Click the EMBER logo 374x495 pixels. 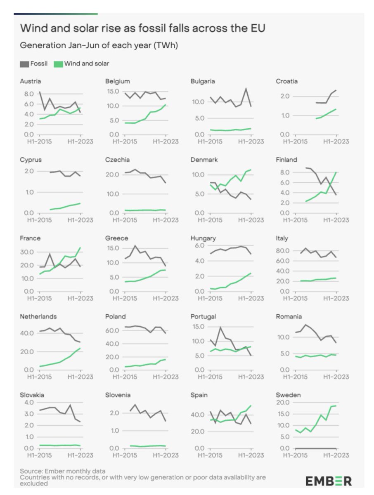coord(328,481)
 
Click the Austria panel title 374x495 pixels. coord(30,81)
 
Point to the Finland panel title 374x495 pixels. coord(286,160)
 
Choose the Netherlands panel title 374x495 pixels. coord(38,316)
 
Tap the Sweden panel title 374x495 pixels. coord(288,395)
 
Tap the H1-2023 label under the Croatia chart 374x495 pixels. coord(336,141)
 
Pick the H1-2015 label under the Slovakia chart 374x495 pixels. coord(39,455)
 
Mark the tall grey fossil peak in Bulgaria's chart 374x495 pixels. coord(246,89)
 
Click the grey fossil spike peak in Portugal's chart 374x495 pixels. coord(220,328)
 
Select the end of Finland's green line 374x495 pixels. coord(336,172)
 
